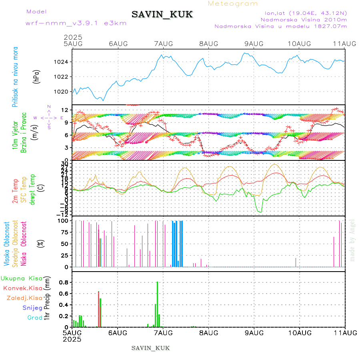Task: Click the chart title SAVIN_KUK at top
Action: [x=162, y=14]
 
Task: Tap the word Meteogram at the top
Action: [x=233, y=4]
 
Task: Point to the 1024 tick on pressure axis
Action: [x=64, y=62]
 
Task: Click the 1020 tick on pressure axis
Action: [x=64, y=92]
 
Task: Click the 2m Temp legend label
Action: [x=15, y=192]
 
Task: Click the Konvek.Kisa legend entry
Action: [x=22, y=288]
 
